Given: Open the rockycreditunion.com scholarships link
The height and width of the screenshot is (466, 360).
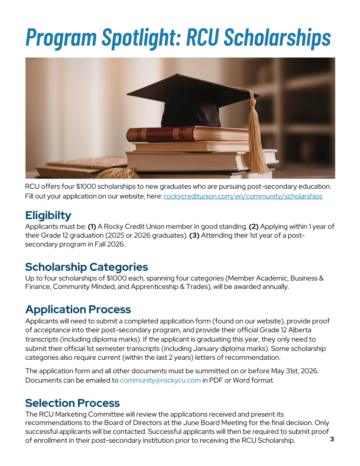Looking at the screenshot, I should coord(243,196).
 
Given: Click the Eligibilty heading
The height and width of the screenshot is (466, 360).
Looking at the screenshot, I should coord(48,215).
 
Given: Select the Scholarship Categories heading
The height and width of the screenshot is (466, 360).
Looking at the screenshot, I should coord(86,267).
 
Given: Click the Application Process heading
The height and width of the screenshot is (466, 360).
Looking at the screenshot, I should coord(78,309).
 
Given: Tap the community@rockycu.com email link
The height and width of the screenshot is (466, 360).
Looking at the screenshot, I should coord(160,380).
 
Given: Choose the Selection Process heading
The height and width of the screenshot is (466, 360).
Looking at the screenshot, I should coord(72,403).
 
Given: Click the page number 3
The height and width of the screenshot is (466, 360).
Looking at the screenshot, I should coord(332,439).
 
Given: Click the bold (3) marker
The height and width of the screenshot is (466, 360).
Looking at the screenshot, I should coord(196,235).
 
